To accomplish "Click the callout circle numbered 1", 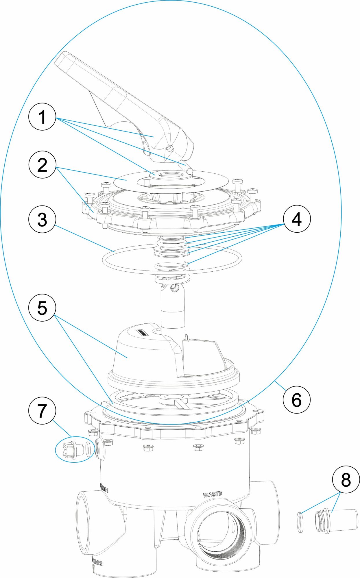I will [42, 117].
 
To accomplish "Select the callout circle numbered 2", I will [42, 165].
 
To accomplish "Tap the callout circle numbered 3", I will [42, 219].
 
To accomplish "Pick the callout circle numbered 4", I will [297, 219].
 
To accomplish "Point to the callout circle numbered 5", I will [42, 308].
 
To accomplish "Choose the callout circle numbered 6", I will [297, 400].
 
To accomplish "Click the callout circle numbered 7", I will [42, 411].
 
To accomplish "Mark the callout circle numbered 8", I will [346, 480].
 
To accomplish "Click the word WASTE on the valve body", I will [213, 494].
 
